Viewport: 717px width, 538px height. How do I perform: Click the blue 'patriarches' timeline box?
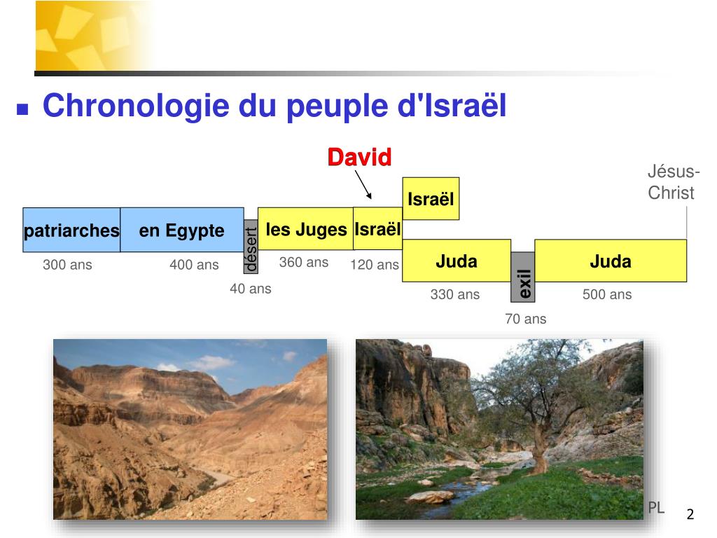click(x=71, y=230)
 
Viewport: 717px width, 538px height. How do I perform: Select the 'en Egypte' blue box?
click(x=182, y=230)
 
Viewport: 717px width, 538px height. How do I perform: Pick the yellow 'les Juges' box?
click(x=306, y=229)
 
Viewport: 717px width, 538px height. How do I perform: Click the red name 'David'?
click(x=359, y=158)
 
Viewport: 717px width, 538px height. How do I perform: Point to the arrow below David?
click(x=363, y=185)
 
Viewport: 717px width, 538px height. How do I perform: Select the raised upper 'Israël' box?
click(x=431, y=199)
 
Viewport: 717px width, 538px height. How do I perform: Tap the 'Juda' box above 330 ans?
click(x=457, y=261)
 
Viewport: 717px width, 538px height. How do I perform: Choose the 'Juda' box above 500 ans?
click(x=611, y=261)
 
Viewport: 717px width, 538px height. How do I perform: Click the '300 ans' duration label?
click(x=67, y=265)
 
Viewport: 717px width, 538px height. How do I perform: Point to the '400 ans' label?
click(x=194, y=265)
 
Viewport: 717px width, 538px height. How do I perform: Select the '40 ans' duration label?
click(x=250, y=289)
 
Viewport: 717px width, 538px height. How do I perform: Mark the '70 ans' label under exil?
click(x=525, y=319)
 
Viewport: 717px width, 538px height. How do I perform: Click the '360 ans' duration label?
click(x=303, y=263)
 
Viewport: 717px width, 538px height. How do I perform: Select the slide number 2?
click(x=690, y=515)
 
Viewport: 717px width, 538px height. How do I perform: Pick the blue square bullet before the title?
click(x=22, y=109)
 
